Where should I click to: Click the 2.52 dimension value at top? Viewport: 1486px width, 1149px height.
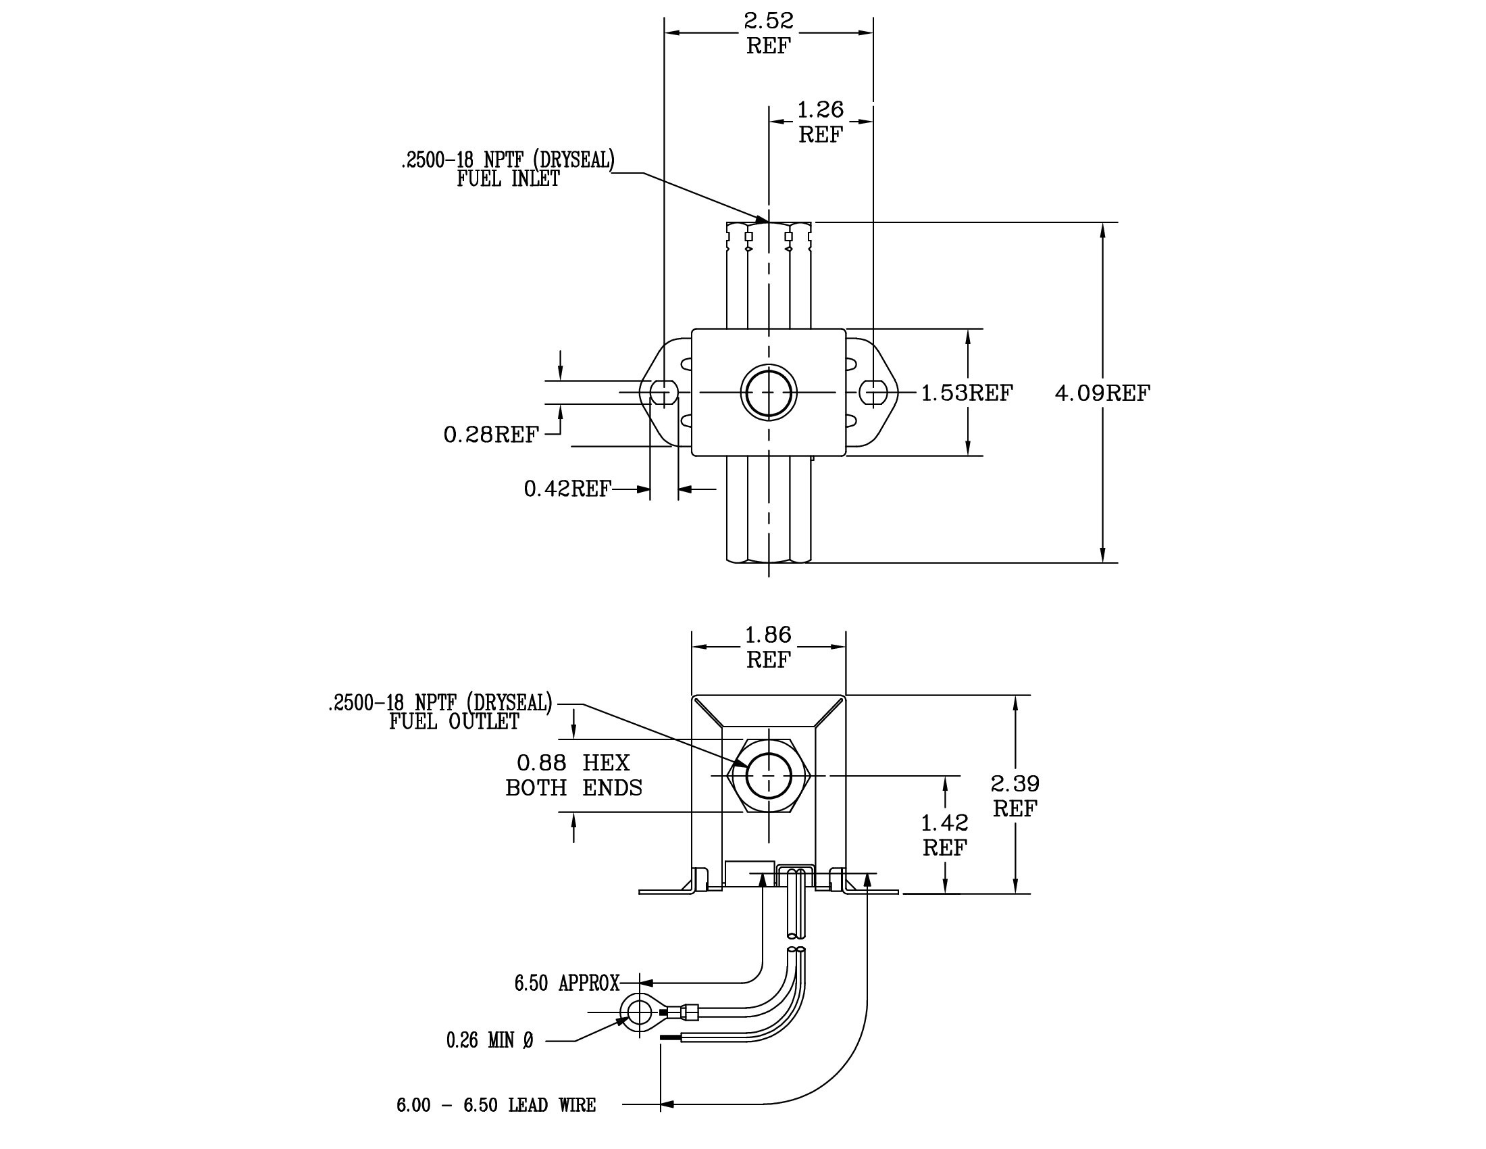click(768, 21)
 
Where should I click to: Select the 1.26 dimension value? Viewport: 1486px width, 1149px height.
click(820, 109)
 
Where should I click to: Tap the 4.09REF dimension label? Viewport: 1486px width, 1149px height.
click(1102, 393)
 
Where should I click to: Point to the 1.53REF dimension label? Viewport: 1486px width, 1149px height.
click(967, 393)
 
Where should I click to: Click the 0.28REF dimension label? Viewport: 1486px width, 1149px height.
click(491, 435)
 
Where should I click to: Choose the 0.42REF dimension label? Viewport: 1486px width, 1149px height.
click(567, 489)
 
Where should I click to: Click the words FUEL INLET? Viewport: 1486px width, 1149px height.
click(508, 179)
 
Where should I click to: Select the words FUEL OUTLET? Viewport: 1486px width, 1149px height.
click(454, 723)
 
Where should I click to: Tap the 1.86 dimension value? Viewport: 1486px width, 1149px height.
click(768, 635)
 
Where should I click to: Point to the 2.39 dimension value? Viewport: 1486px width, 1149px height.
click(1015, 784)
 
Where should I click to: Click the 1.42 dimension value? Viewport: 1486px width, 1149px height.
click(944, 823)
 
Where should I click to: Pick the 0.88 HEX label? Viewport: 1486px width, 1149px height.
click(573, 762)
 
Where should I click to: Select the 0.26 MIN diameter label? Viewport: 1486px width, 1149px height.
click(490, 1040)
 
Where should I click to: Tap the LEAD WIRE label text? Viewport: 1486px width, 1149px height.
click(552, 1105)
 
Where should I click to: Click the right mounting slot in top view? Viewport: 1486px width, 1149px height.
click(873, 393)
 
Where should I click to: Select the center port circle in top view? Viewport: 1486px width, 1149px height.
click(769, 393)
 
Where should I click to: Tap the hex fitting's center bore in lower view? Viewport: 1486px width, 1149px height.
click(769, 775)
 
